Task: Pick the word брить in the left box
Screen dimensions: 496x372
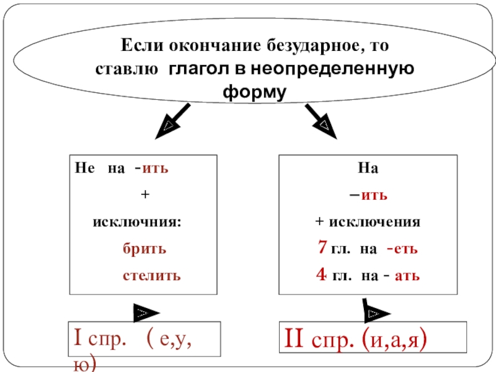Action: (143, 249)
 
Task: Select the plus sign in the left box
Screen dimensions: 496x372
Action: (144, 195)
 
